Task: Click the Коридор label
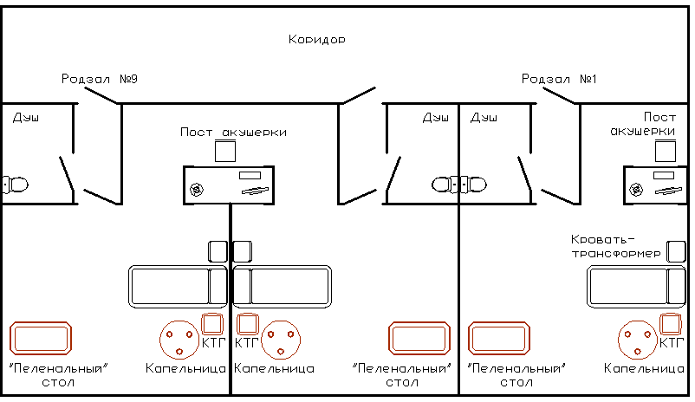click(316, 40)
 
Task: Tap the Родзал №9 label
click(100, 79)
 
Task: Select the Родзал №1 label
click(559, 79)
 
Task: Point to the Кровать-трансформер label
click(615, 246)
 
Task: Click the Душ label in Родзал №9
click(26, 118)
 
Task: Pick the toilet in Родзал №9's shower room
click(15, 185)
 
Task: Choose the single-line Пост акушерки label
click(233, 132)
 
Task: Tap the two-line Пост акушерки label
click(643, 124)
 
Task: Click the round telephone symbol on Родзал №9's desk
click(197, 190)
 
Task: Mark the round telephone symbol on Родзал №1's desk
click(636, 190)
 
